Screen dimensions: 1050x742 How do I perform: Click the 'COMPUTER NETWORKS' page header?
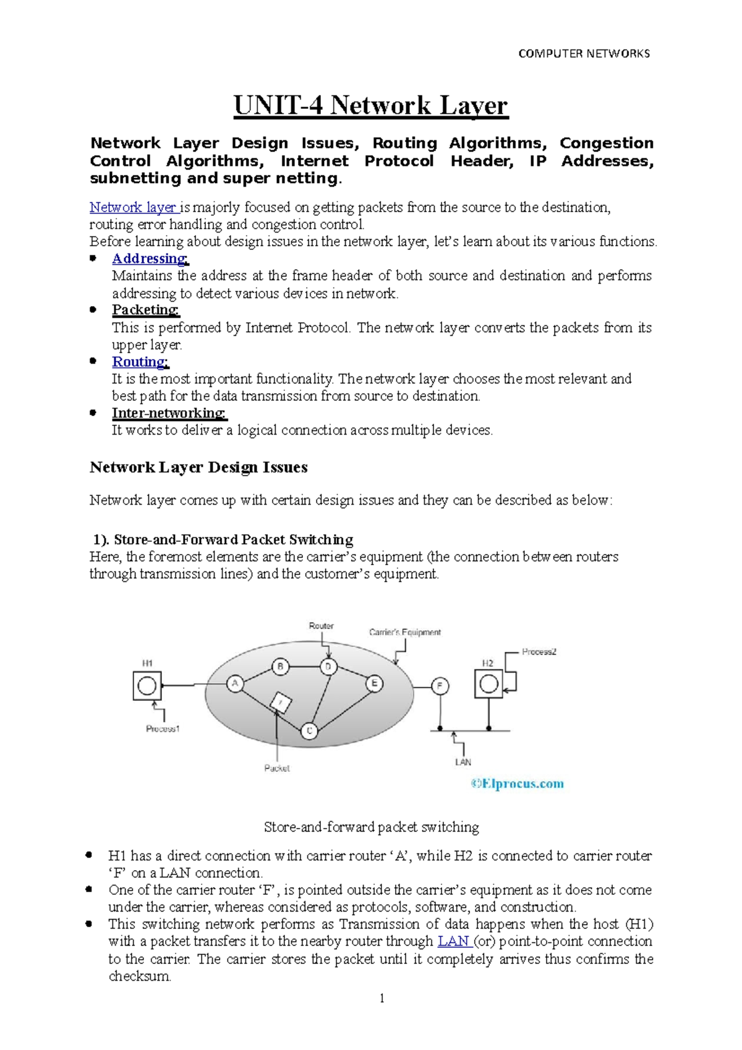[584, 54]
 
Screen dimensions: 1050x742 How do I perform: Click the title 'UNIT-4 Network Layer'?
[370, 105]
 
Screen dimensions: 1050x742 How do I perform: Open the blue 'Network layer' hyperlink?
[133, 207]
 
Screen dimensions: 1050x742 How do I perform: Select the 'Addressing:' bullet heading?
[150, 258]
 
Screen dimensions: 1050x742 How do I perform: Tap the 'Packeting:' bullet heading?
[145, 310]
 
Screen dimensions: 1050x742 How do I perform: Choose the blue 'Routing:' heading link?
[140, 362]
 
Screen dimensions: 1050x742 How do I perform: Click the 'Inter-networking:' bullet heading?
[169, 413]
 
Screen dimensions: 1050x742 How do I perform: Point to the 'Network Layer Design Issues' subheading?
[198, 467]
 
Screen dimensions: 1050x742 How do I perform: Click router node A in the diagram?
[234, 684]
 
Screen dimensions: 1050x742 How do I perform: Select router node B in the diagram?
[281, 667]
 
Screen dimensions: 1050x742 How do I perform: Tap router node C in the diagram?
[309, 731]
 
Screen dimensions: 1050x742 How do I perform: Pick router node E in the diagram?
[374, 684]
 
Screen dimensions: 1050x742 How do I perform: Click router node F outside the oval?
[440, 686]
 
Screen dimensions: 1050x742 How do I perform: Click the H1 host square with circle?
[147, 686]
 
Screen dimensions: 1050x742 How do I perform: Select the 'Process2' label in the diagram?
[539, 652]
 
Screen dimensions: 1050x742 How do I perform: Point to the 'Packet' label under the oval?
[276, 768]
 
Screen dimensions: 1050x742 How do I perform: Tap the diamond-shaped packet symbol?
[281, 703]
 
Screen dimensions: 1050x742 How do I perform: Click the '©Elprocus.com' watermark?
[517, 784]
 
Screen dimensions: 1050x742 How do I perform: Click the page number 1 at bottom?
[382, 998]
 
